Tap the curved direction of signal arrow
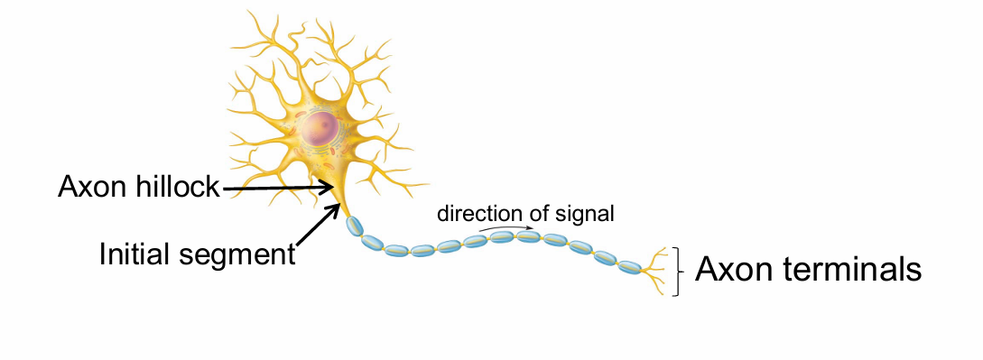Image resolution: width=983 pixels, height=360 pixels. point(505,227)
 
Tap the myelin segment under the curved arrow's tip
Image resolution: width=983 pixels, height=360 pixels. point(529,238)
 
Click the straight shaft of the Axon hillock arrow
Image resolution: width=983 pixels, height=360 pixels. point(271,189)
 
